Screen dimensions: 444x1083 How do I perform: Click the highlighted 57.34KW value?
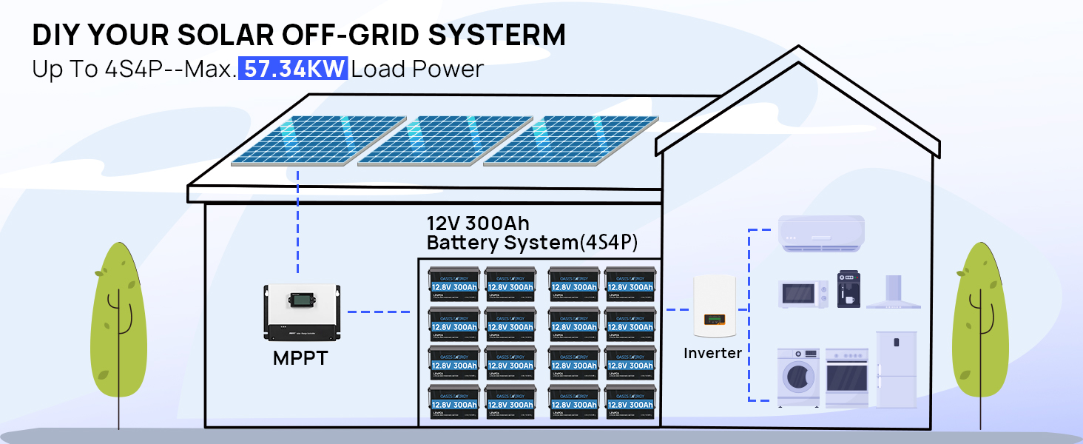293,69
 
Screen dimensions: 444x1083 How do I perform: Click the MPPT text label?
300,358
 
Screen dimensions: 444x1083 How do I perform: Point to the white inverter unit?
714,306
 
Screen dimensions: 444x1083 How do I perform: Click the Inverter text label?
712,353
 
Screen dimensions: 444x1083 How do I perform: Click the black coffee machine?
848,289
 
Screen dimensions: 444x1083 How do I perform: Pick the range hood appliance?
894,292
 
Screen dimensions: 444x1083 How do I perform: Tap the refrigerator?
897,369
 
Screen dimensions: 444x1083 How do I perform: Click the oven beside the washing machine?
847,377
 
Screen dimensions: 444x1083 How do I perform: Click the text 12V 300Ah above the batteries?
478,223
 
